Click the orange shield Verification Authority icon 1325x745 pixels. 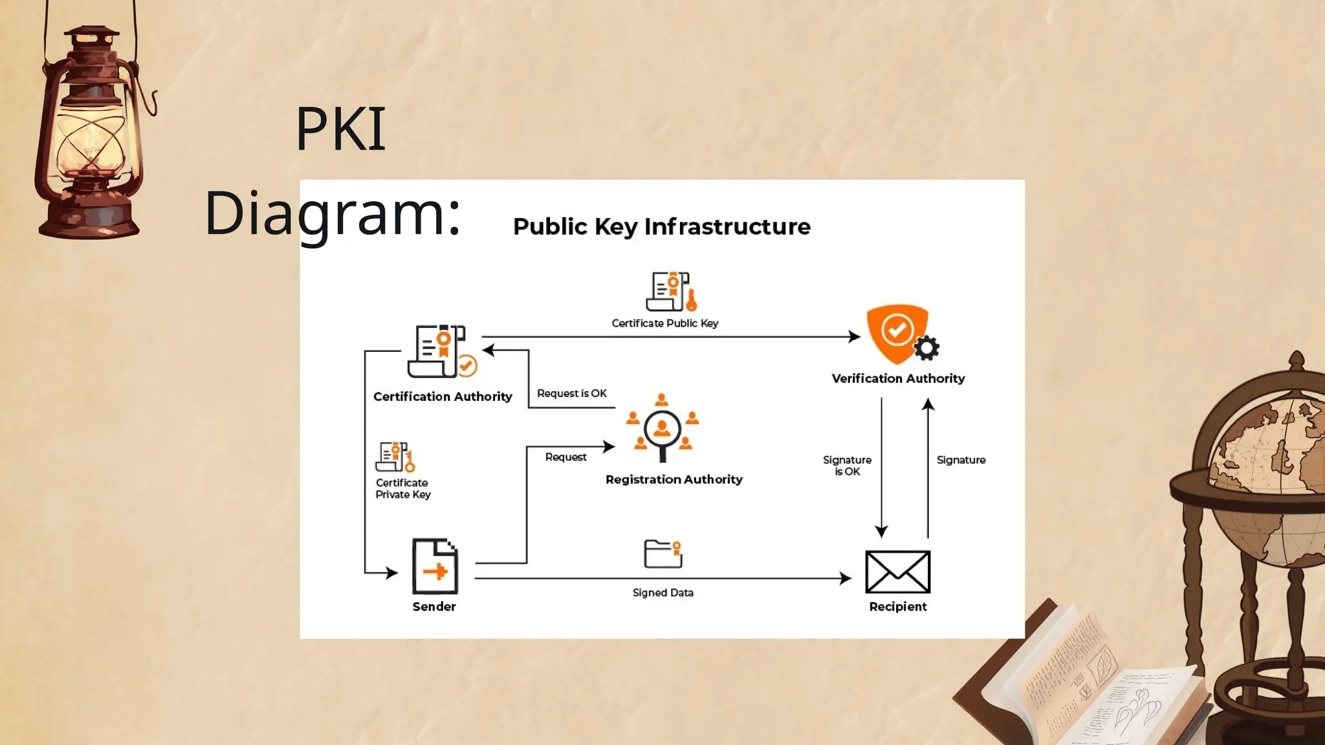click(897, 332)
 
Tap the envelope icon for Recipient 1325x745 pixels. click(897, 572)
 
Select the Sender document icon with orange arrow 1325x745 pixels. click(435, 567)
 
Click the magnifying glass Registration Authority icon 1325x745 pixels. click(662, 429)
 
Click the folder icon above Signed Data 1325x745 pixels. click(663, 554)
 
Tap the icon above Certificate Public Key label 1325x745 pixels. click(672, 292)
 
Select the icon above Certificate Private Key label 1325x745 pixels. click(395, 457)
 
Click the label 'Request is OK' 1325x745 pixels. click(572, 393)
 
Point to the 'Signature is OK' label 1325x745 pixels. click(847, 466)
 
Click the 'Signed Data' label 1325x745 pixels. click(662, 592)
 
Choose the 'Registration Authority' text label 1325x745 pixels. click(673, 479)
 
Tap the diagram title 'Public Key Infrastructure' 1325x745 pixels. click(661, 226)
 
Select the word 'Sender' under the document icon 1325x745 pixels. click(434, 607)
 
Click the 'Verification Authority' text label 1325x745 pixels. click(898, 378)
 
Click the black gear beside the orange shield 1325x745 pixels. click(926, 348)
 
